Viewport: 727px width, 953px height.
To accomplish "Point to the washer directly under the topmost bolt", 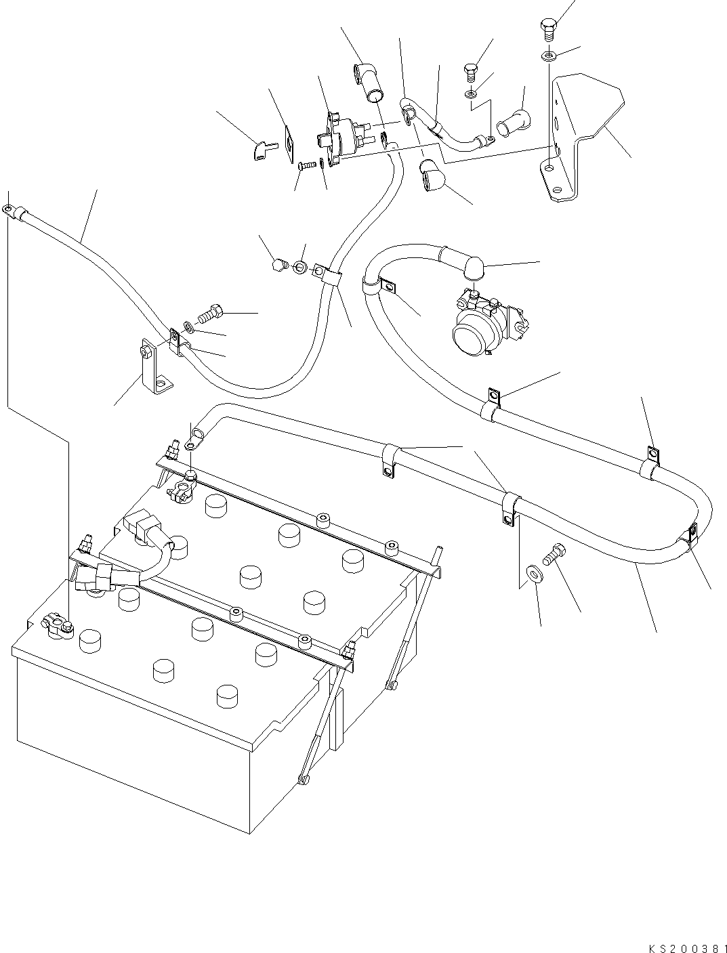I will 548,55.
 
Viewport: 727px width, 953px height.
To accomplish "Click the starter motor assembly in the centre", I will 484,323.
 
